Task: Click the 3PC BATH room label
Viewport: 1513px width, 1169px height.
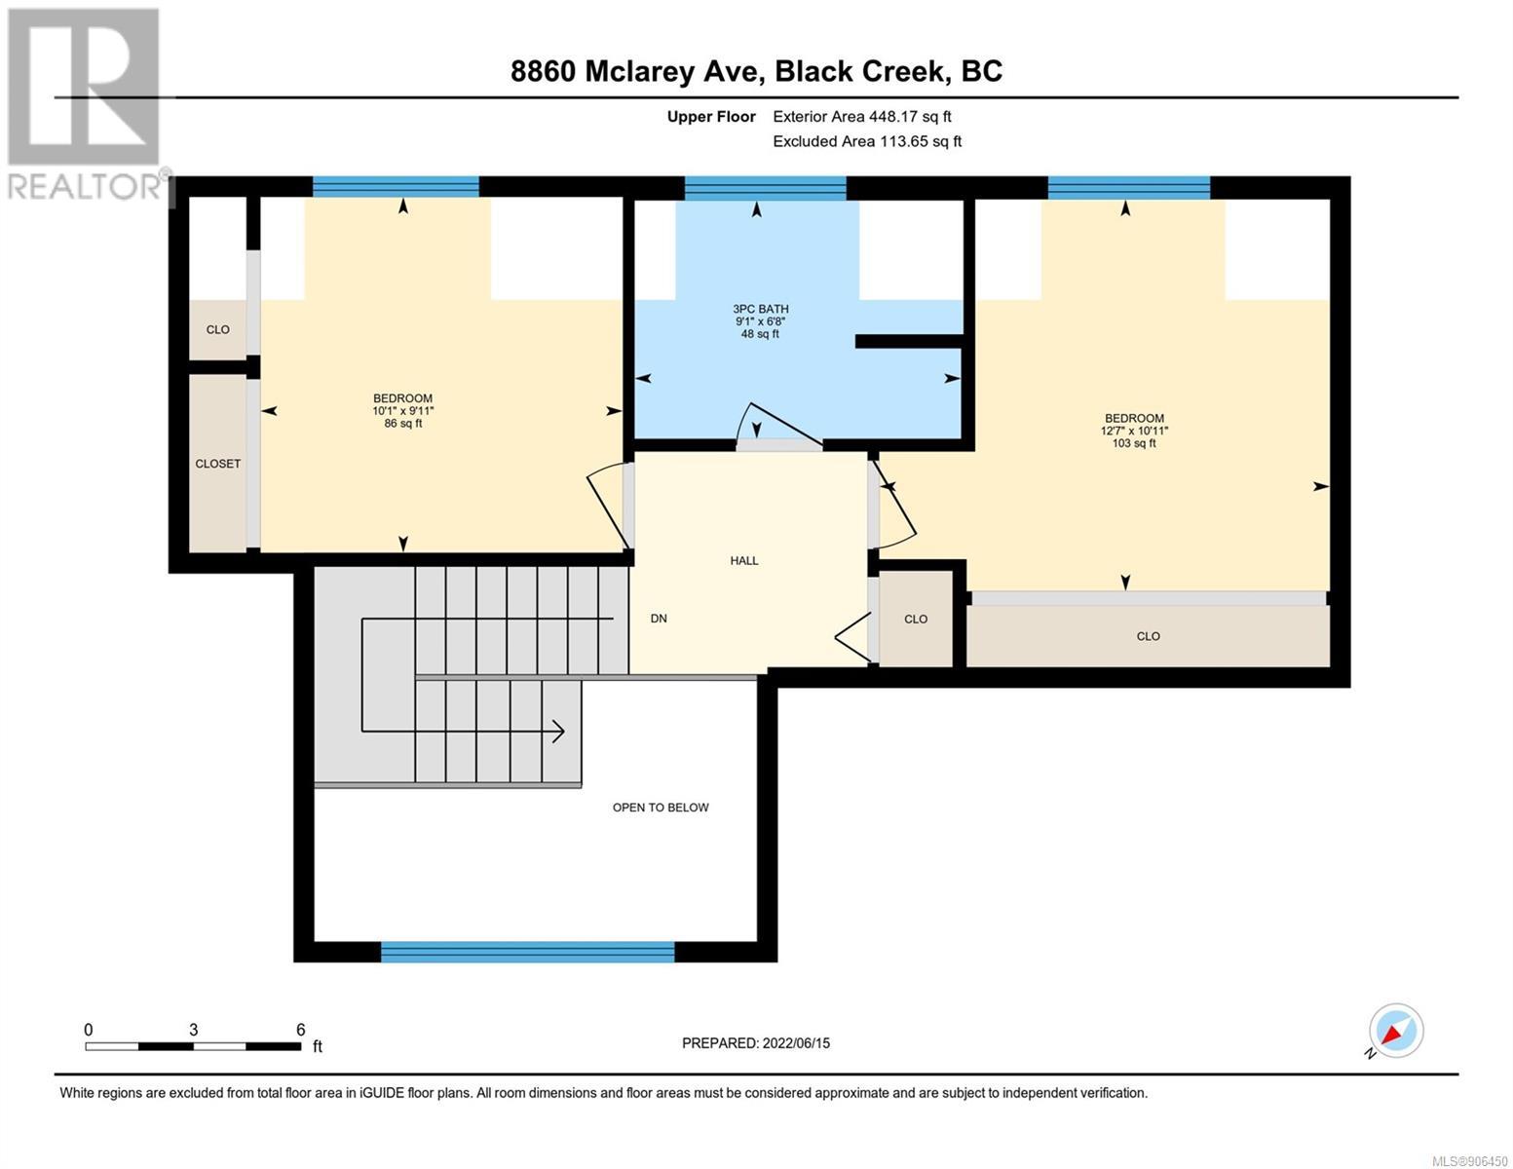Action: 760,309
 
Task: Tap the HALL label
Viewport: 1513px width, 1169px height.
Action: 744,560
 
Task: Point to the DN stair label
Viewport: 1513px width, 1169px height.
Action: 659,619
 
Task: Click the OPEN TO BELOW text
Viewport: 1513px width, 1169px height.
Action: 661,807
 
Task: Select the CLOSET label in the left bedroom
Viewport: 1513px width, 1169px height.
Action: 218,464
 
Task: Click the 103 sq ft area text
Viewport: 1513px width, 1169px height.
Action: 1134,443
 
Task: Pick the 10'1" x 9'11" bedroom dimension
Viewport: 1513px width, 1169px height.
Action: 403,411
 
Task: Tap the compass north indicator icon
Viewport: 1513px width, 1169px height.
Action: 1395,1031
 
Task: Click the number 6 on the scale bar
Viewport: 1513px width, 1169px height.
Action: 301,1029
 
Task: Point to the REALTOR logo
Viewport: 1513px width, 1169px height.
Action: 85,104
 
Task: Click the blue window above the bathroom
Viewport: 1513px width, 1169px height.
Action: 765,188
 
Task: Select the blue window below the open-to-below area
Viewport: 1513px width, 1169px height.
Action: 527,952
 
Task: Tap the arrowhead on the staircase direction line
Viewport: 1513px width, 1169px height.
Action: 558,732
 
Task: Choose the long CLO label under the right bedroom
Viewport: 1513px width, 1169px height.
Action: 1149,636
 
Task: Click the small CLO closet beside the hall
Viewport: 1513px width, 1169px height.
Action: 916,619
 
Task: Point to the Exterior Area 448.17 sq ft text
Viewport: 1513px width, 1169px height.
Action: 862,117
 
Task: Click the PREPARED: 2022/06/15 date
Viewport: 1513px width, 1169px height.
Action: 756,1043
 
